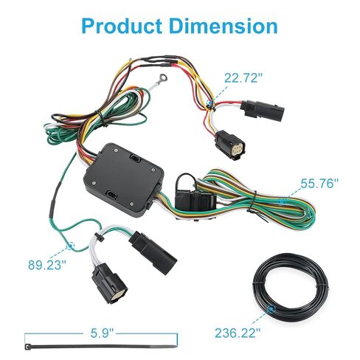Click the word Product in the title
tap(121, 26)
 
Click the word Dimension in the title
tap(224, 26)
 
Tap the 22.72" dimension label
tap(243, 78)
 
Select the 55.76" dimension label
tap(319, 183)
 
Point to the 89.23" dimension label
tap(47, 265)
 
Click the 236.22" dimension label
tap(238, 333)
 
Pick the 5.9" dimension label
tap(102, 333)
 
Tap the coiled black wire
tap(291, 287)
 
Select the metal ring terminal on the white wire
tap(163, 79)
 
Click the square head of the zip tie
tap(27, 347)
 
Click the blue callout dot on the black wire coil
tap(271, 309)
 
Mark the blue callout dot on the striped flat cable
tap(282, 201)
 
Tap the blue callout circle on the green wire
tap(71, 246)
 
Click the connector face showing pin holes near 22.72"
tap(238, 148)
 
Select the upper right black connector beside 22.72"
tap(263, 109)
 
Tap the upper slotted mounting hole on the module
tap(135, 159)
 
